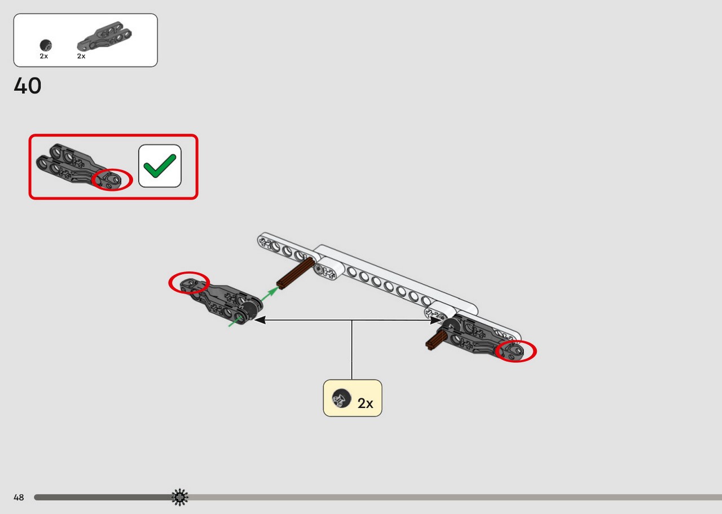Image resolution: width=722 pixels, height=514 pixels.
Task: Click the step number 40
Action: [x=28, y=86]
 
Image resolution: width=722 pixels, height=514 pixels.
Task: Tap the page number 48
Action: [x=19, y=497]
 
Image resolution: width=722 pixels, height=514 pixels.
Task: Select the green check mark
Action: [x=160, y=166]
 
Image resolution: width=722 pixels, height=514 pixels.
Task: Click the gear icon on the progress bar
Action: [x=180, y=497]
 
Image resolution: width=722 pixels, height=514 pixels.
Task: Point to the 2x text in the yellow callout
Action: [x=365, y=403]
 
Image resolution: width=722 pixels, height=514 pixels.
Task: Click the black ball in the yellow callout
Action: [x=341, y=398]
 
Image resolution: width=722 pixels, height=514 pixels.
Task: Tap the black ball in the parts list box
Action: [x=46, y=46]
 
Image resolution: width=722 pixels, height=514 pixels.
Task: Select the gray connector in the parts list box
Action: [x=104, y=36]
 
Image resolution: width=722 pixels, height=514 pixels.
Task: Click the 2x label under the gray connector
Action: [x=81, y=56]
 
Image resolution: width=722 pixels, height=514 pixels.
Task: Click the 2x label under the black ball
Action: [x=44, y=56]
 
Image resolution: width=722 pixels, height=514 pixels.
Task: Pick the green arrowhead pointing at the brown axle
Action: [x=274, y=291]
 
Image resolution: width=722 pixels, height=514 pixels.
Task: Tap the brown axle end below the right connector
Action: [x=436, y=341]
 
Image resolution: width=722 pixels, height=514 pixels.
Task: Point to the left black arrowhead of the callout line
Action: [x=259, y=320]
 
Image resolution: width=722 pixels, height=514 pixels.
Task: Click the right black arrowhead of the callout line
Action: [x=437, y=320]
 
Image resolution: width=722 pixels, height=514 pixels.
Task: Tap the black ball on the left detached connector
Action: [x=248, y=310]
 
